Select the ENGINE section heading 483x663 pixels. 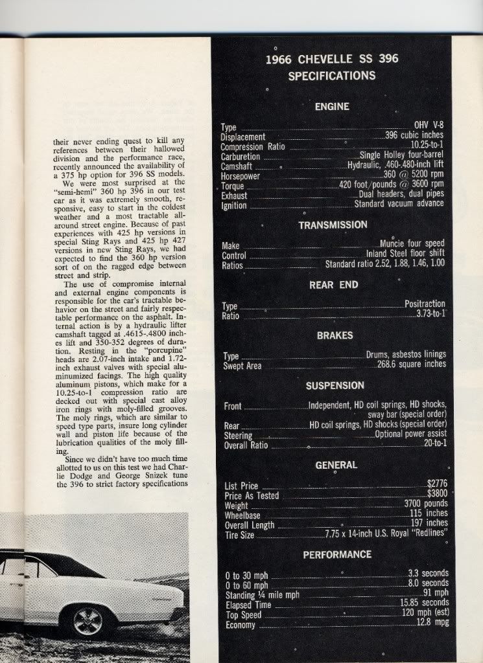(x=332, y=107)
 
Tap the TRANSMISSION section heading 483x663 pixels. (x=333, y=225)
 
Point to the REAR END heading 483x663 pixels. (x=334, y=284)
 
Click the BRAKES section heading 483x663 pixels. (x=335, y=335)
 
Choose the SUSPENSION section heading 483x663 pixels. (x=335, y=386)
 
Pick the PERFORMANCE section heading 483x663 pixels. (x=336, y=555)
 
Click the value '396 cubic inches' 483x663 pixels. (x=414, y=136)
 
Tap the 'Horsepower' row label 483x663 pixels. (x=240, y=176)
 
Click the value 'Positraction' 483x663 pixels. (x=425, y=304)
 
